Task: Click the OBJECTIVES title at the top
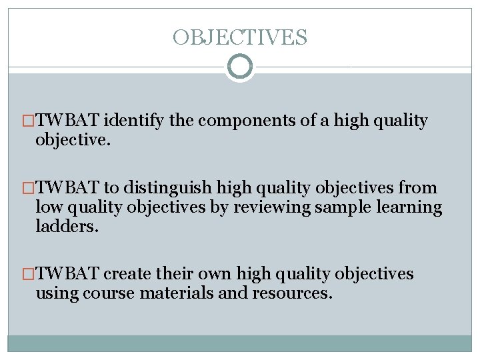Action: [x=240, y=37]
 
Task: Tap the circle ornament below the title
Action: [x=240, y=67]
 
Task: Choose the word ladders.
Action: [x=66, y=227]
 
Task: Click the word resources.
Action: [x=293, y=293]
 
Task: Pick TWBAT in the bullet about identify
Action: [x=67, y=121]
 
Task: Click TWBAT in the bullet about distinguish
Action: [x=67, y=188]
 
